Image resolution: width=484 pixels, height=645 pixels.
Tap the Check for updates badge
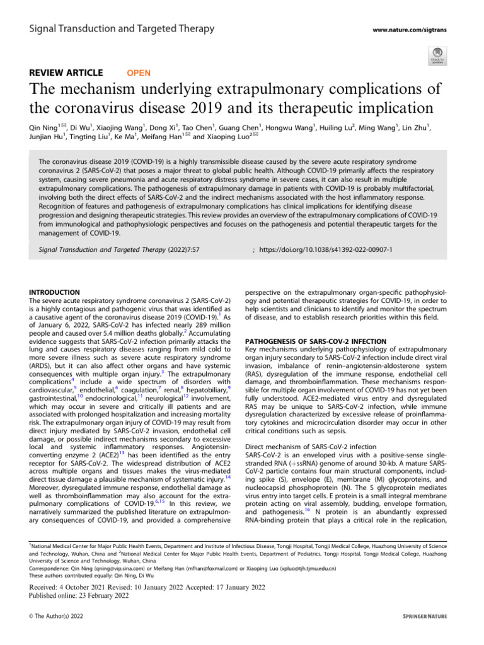pos(437,55)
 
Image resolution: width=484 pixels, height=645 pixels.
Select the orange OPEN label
pos(139,73)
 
